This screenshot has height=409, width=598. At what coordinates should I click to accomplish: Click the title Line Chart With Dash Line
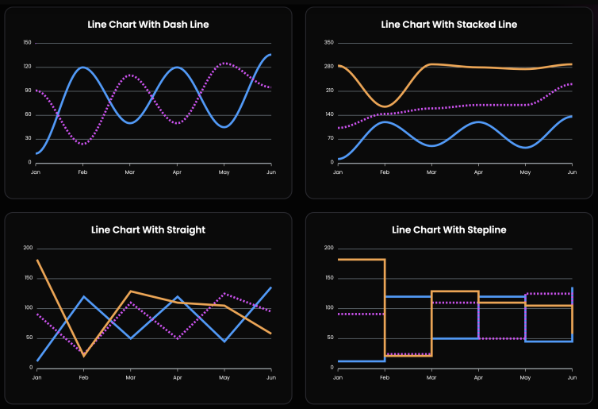[148, 25]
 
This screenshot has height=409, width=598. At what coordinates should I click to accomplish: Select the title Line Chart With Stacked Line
[449, 25]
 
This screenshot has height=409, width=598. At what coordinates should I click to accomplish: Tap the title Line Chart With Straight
[148, 230]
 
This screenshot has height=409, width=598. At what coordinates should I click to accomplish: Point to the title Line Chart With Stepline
[449, 230]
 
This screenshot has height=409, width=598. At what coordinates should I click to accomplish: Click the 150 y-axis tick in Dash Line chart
[27, 43]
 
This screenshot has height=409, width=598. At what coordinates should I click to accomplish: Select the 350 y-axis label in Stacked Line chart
[329, 43]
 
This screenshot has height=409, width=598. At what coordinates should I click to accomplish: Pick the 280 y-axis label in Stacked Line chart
[329, 67]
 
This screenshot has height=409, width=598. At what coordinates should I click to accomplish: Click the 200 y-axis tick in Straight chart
[27, 248]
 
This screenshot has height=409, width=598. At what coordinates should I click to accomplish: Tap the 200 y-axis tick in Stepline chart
[329, 248]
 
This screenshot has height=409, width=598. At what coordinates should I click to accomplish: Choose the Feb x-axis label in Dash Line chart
[82, 171]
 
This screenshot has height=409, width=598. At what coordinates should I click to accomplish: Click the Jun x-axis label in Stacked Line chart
[571, 171]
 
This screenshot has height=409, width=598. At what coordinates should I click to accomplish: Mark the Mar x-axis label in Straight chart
[130, 376]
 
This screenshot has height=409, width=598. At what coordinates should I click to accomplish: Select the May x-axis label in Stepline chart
[524, 376]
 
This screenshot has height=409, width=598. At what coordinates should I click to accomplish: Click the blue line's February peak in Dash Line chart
[83, 68]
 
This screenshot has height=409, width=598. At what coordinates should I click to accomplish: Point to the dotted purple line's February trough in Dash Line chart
[83, 144]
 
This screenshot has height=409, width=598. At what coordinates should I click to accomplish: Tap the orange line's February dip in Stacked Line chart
[385, 106]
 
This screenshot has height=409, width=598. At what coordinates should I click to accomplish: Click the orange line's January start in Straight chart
[37, 260]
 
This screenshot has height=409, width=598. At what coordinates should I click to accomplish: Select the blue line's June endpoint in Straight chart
[270, 287]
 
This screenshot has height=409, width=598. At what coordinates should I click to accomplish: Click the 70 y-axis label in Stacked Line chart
[330, 139]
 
